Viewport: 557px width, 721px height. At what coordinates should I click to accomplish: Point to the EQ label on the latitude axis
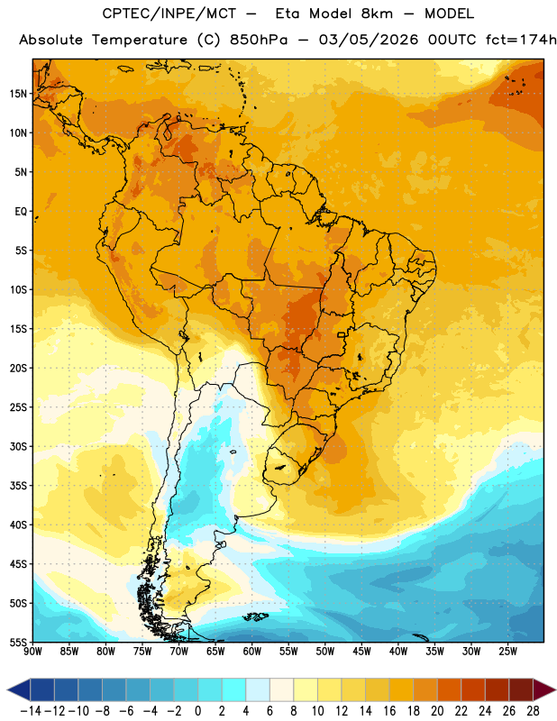(22, 212)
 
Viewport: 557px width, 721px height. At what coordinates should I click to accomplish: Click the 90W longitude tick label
(32, 652)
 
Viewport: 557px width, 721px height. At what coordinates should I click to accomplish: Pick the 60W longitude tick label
(252, 652)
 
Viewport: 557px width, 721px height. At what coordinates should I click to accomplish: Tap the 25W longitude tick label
(507, 652)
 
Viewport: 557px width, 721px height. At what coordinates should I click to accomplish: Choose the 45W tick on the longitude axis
(361, 652)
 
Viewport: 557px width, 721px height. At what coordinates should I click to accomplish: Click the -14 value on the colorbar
(31, 711)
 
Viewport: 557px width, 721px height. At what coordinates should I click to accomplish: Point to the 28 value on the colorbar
(533, 711)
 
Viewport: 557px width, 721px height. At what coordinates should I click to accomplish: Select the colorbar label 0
(198, 711)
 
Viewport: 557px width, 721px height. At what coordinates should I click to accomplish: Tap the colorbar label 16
(389, 711)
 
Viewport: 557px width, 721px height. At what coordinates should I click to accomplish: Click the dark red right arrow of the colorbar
(544, 689)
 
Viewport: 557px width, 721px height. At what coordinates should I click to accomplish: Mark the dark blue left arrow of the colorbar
(19, 689)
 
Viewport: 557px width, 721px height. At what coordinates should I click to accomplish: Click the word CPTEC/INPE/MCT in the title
(169, 14)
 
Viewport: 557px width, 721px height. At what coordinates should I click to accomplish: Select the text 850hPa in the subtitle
(259, 40)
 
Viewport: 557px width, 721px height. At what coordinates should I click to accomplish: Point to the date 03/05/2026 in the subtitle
(369, 40)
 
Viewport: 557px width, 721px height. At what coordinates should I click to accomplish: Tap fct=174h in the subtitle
(521, 40)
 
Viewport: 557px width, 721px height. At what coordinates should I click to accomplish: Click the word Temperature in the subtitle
(140, 41)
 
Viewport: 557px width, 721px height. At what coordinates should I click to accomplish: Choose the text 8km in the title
(377, 14)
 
